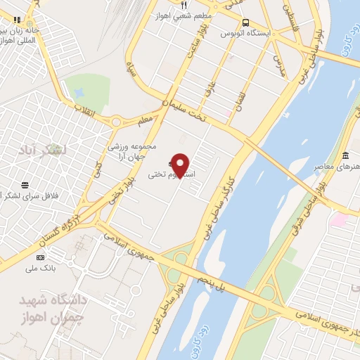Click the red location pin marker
point(181,165)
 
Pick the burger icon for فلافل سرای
point(25,186)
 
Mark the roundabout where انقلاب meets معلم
point(115,122)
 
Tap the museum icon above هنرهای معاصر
point(345,155)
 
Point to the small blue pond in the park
point(79,91)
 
